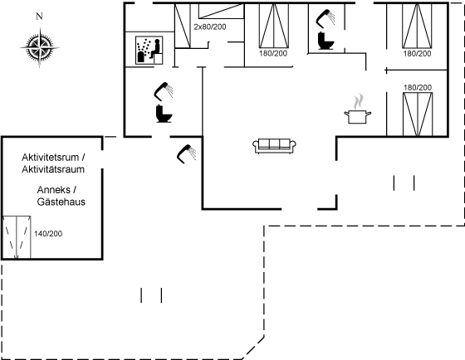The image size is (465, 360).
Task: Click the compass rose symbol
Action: (x=40, y=47)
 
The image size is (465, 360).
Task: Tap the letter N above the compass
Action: (x=39, y=17)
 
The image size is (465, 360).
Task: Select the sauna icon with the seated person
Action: (x=149, y=51)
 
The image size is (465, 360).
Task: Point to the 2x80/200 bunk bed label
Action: (x=210, y=27)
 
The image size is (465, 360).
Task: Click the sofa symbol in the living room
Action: (x=274, y=146)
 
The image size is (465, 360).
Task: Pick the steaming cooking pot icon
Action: (x=358, y=109)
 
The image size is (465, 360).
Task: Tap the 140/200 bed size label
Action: (x=48, y=234)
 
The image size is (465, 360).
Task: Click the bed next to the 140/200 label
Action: (x=17, y=237)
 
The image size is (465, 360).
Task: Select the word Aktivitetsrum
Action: (x=51, y=158)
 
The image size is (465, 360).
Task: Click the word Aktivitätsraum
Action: (x=53, y=169)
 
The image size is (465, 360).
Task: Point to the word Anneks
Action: (x=54, y=190)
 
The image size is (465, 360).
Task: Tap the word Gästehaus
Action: (x=61, y=202)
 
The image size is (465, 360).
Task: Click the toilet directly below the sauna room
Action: (x=164, y=114)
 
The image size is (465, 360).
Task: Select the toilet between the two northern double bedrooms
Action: (x=325, y=41)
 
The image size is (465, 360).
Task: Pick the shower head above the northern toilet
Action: (x=325, y=17)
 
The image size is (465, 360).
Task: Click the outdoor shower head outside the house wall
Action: (x=187, y=153)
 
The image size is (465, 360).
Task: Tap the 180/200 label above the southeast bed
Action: (x=418, y=88)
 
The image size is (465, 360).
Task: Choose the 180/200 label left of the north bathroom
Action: (x=273, y=54)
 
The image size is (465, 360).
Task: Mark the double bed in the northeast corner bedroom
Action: (x=417, y=26)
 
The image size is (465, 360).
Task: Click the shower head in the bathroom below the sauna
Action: (x=164, y=91)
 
